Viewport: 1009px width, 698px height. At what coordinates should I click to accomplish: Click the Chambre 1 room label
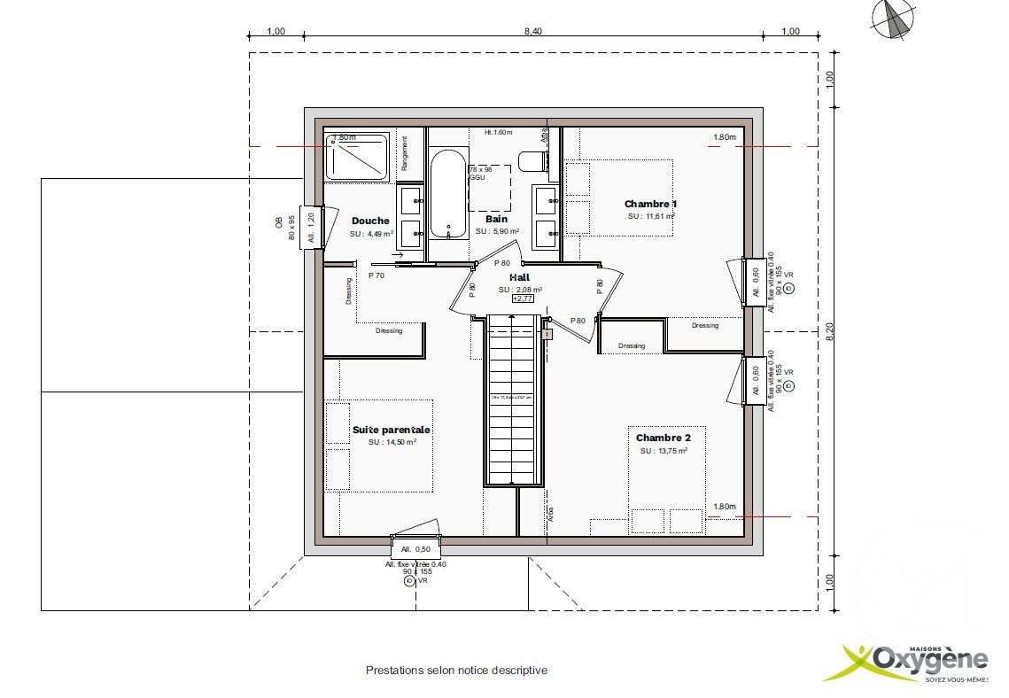[x=650, y=205]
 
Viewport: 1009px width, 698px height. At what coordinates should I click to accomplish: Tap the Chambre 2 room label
[x=670, y=438]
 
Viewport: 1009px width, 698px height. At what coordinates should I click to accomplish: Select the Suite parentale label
[x=391, y=430]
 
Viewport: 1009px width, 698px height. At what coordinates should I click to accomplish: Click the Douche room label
[x=370, y=221]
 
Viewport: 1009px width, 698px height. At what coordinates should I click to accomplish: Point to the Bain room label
[x=496, y=219]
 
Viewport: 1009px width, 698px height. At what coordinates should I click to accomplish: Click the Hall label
[x=519, y=277]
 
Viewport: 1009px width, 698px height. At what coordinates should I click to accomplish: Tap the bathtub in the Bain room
[x=448, y=194]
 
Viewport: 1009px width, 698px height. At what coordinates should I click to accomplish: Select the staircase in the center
[x=514, y=399]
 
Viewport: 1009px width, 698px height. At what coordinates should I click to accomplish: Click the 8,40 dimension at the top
[x=532, y=31]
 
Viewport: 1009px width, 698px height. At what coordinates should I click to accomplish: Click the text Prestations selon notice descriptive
[x=456, y=671]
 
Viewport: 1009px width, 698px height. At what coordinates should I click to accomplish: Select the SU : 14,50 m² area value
[x=392, y=442]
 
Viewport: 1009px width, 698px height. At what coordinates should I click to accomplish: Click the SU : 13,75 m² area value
[x=664, y=451]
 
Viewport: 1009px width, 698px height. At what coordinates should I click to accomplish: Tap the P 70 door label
[x=376, y=275]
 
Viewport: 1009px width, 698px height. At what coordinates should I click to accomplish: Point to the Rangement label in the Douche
[x=405, y=153]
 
